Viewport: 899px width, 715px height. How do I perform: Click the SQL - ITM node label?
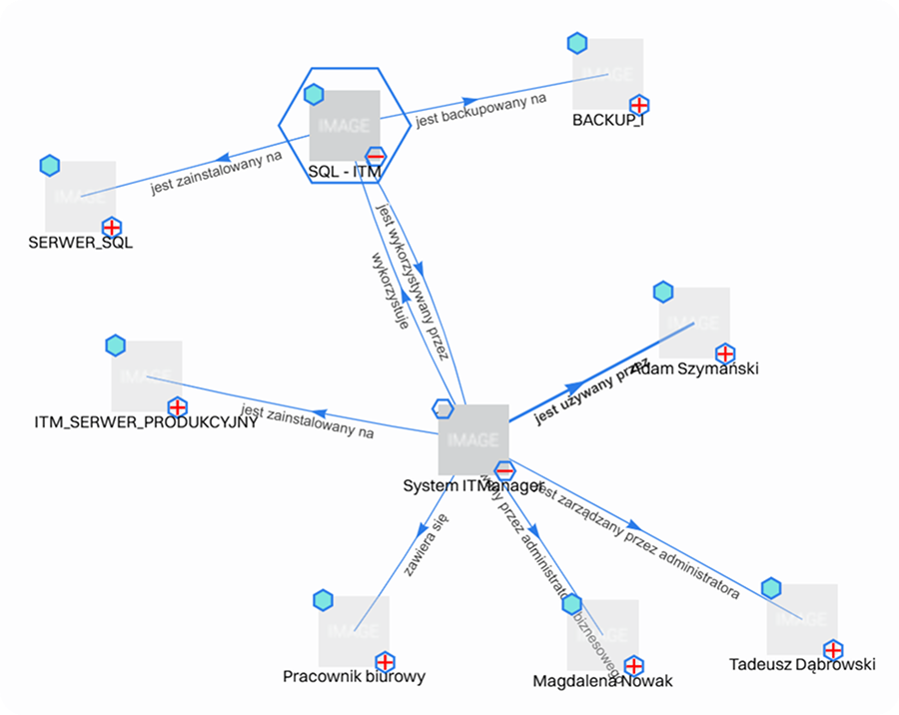click(345, 172)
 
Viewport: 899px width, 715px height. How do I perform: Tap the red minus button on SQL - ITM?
click(376, 157)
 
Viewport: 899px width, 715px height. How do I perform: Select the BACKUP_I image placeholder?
click(607, 74)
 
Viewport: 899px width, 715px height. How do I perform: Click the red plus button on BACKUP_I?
click(639, 105)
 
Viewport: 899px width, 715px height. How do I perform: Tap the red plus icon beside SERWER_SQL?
click(112, 228)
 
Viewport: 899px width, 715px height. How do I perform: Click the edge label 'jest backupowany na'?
click(481, 110)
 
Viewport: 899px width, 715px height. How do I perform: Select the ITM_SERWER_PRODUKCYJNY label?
click(146, 422)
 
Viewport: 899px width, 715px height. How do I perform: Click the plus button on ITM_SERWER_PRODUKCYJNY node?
click(177, 407)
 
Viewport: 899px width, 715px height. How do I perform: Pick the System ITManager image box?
click(473, 439)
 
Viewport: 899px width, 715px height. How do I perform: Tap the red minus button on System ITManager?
click(504, 470)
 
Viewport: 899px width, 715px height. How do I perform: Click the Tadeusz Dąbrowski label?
click(802, 664)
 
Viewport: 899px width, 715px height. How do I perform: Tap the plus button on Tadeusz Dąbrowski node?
click(832, 649)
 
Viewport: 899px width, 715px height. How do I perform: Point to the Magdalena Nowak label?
click(602, 681)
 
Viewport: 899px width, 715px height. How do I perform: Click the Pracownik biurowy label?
click(354, 676)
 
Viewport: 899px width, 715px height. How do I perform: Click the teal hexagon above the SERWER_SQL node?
click(50, 166)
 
